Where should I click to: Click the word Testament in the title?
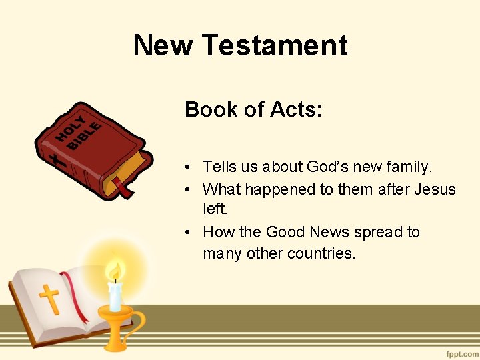274,45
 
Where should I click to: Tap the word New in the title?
163,45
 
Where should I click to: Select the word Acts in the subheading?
296,109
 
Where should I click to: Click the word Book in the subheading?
207,109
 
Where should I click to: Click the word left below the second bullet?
215,209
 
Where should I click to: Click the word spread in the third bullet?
378,232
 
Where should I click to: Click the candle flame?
115,271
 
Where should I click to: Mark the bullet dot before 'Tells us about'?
189,167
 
